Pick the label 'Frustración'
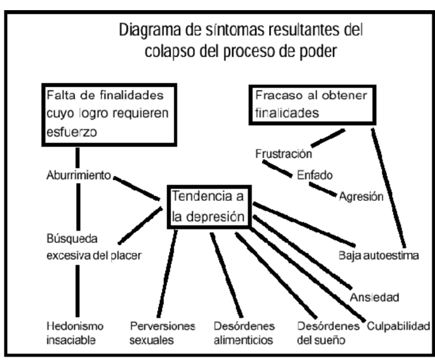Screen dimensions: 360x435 click(x=283, y=153)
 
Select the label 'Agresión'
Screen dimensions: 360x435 click(x=361, y=197)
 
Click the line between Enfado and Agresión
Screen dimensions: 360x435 click(x=324, y=189)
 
